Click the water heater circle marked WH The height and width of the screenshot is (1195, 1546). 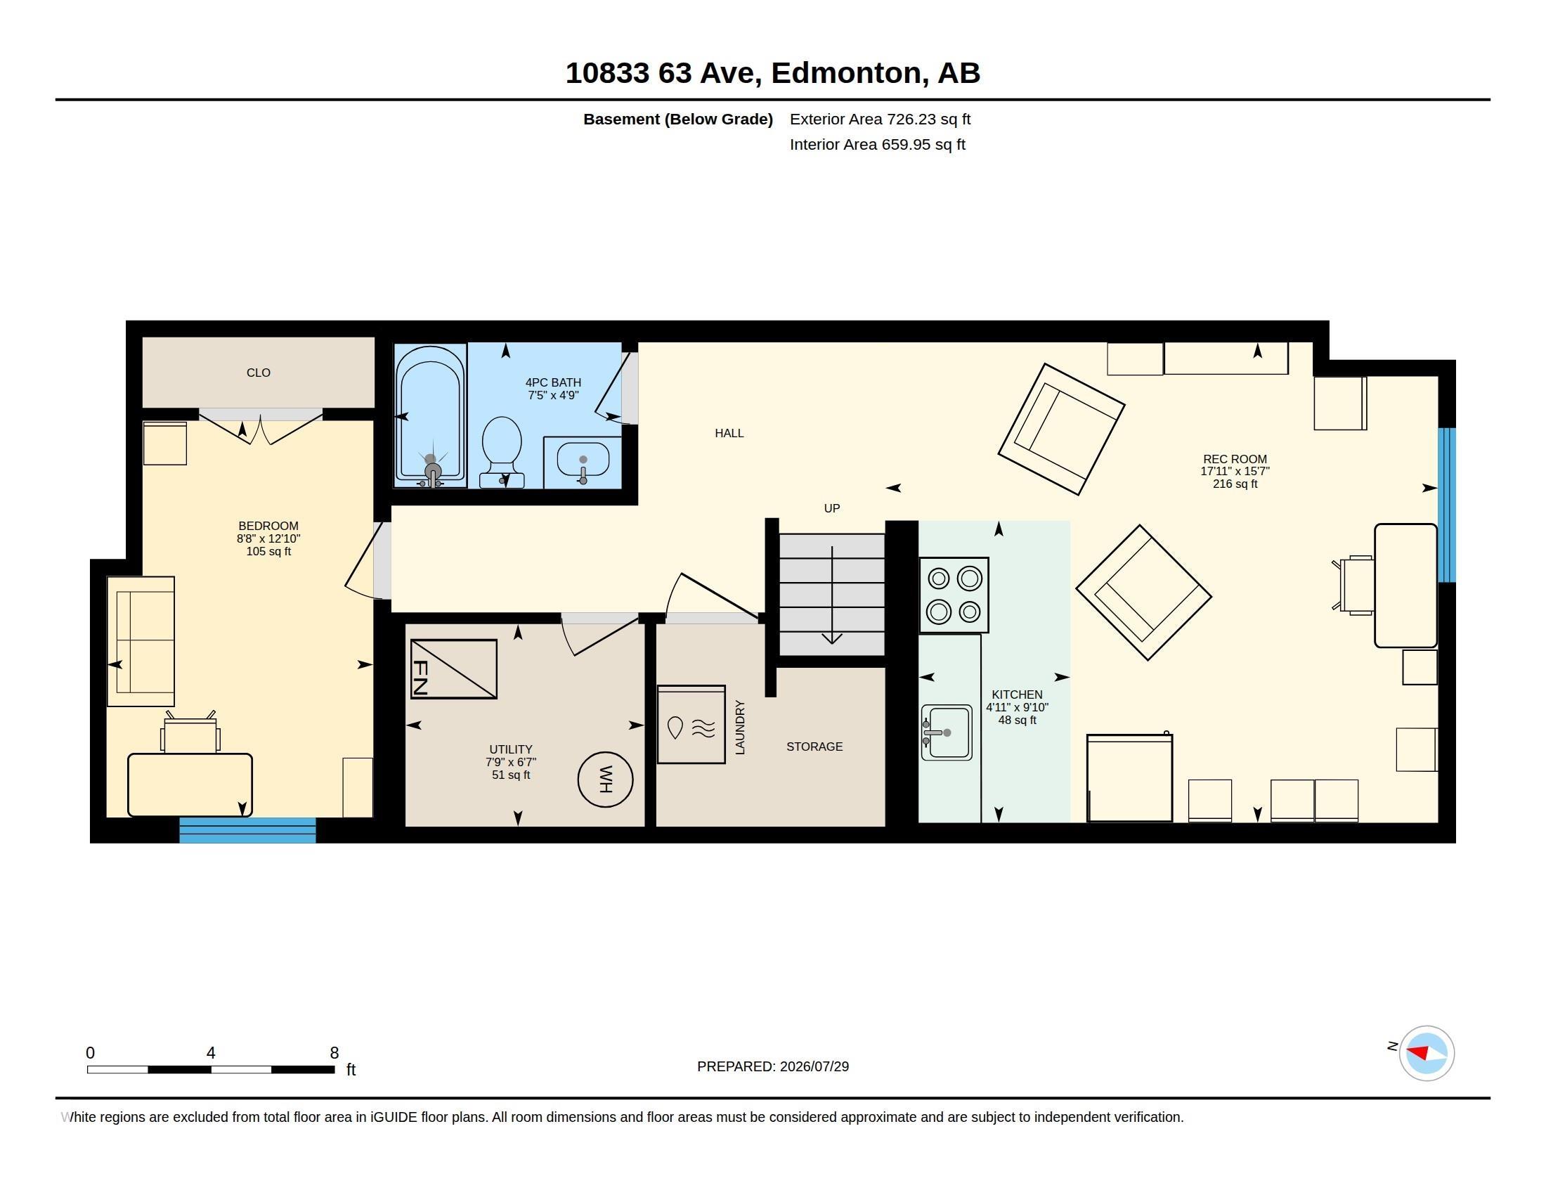pos(605,780)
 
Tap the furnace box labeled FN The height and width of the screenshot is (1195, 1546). pos(454,669)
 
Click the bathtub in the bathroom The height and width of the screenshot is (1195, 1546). pos(430,415)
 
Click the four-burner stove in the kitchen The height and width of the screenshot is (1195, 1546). pos(954,595)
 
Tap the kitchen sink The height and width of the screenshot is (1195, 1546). pos(947,732)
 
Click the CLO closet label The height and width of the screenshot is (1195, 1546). pos(259,373)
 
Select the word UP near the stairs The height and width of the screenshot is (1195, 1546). pos(832,508)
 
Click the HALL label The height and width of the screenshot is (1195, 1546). pos(729,433)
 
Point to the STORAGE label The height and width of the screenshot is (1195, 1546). pos(814,747)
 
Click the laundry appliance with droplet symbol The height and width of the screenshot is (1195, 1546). pos(691,724)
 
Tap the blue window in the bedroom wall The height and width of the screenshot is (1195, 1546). pos(247,829)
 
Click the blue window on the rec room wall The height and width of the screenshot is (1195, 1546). pos(1447,505)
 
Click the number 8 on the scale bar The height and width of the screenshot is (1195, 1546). pos(334,1053)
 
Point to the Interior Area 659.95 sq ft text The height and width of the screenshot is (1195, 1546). pos(877,144)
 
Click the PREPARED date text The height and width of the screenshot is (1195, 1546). pos(773,1066)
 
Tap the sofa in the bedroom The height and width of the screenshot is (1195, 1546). pos(141,641)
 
